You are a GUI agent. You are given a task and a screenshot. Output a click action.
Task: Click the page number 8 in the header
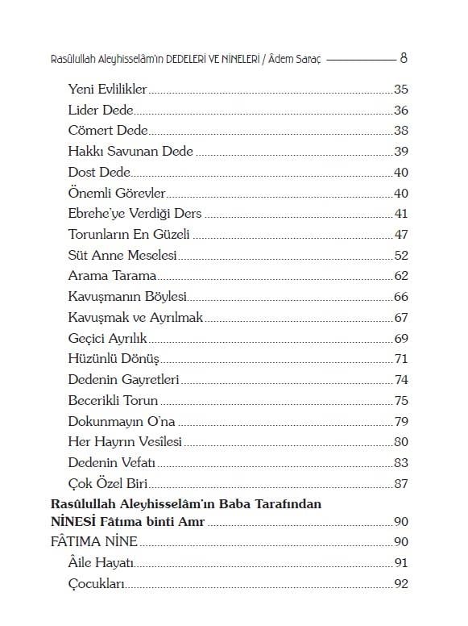[x=404, y=58]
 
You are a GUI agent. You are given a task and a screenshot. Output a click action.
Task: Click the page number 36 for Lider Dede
[x=401, y=110]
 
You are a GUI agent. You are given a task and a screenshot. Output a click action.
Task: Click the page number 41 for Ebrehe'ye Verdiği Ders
[x=401, y=214]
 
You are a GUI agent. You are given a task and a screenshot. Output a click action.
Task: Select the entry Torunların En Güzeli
[x=129, y=235]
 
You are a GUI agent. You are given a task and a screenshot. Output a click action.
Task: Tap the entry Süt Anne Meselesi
[x=122, y=256]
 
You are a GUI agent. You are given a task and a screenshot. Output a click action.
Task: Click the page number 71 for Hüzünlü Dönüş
[x=401, y=359]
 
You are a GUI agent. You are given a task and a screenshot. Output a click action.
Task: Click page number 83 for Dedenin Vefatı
[x=401, y=463]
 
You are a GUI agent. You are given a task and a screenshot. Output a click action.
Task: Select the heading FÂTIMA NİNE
[x=93, y=541]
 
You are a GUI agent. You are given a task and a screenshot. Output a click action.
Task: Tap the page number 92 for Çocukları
[x=401, y=584]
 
